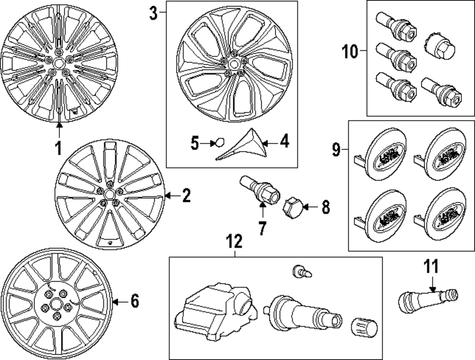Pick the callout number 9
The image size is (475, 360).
pyautogui.click(x=336, y=151)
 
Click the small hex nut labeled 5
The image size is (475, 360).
pyautogui.click(x=219, y=142)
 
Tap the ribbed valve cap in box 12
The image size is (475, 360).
pyautogui.click(x=363, y=328)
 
